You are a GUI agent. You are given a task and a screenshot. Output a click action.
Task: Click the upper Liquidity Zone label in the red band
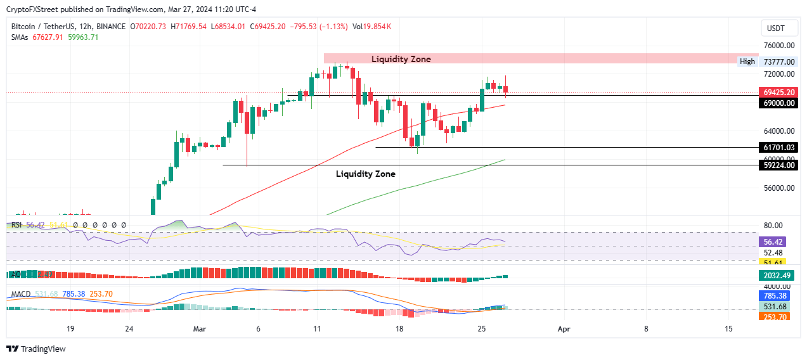401,59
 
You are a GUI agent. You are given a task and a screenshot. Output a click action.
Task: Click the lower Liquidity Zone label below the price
365,174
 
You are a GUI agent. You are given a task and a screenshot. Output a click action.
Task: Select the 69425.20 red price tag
778,93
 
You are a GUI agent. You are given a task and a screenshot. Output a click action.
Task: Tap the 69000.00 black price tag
778,103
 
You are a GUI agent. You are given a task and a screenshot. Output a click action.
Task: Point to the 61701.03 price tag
778,148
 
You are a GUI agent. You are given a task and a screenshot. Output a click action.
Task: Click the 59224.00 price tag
778,165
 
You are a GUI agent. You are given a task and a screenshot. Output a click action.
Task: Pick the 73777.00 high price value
779,62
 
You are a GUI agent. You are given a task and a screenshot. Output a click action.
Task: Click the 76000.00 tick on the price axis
779,46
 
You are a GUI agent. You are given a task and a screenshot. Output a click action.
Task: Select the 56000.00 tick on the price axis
779,188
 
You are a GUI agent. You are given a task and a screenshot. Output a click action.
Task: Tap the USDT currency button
775,28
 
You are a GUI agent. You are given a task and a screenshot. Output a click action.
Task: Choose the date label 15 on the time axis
728,329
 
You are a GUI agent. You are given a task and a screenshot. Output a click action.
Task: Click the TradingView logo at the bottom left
36,349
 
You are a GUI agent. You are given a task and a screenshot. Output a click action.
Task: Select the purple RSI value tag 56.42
774,241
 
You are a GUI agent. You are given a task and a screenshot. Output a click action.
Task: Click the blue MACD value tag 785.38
774,295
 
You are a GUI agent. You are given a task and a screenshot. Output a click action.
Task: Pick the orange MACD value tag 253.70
774,317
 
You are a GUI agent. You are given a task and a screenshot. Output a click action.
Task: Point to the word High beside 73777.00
747,61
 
